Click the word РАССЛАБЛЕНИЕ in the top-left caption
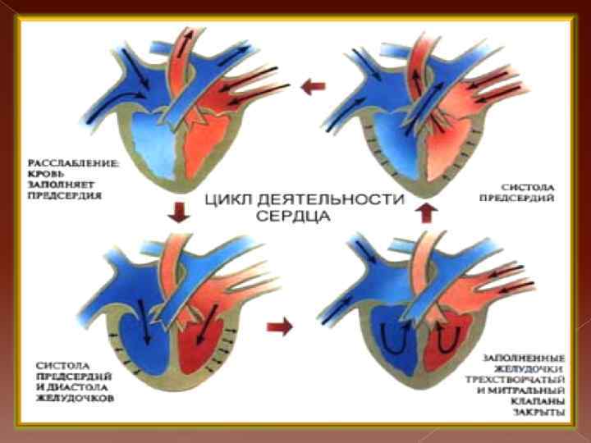coord(72,164)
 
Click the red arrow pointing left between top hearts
coord(309,86)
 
